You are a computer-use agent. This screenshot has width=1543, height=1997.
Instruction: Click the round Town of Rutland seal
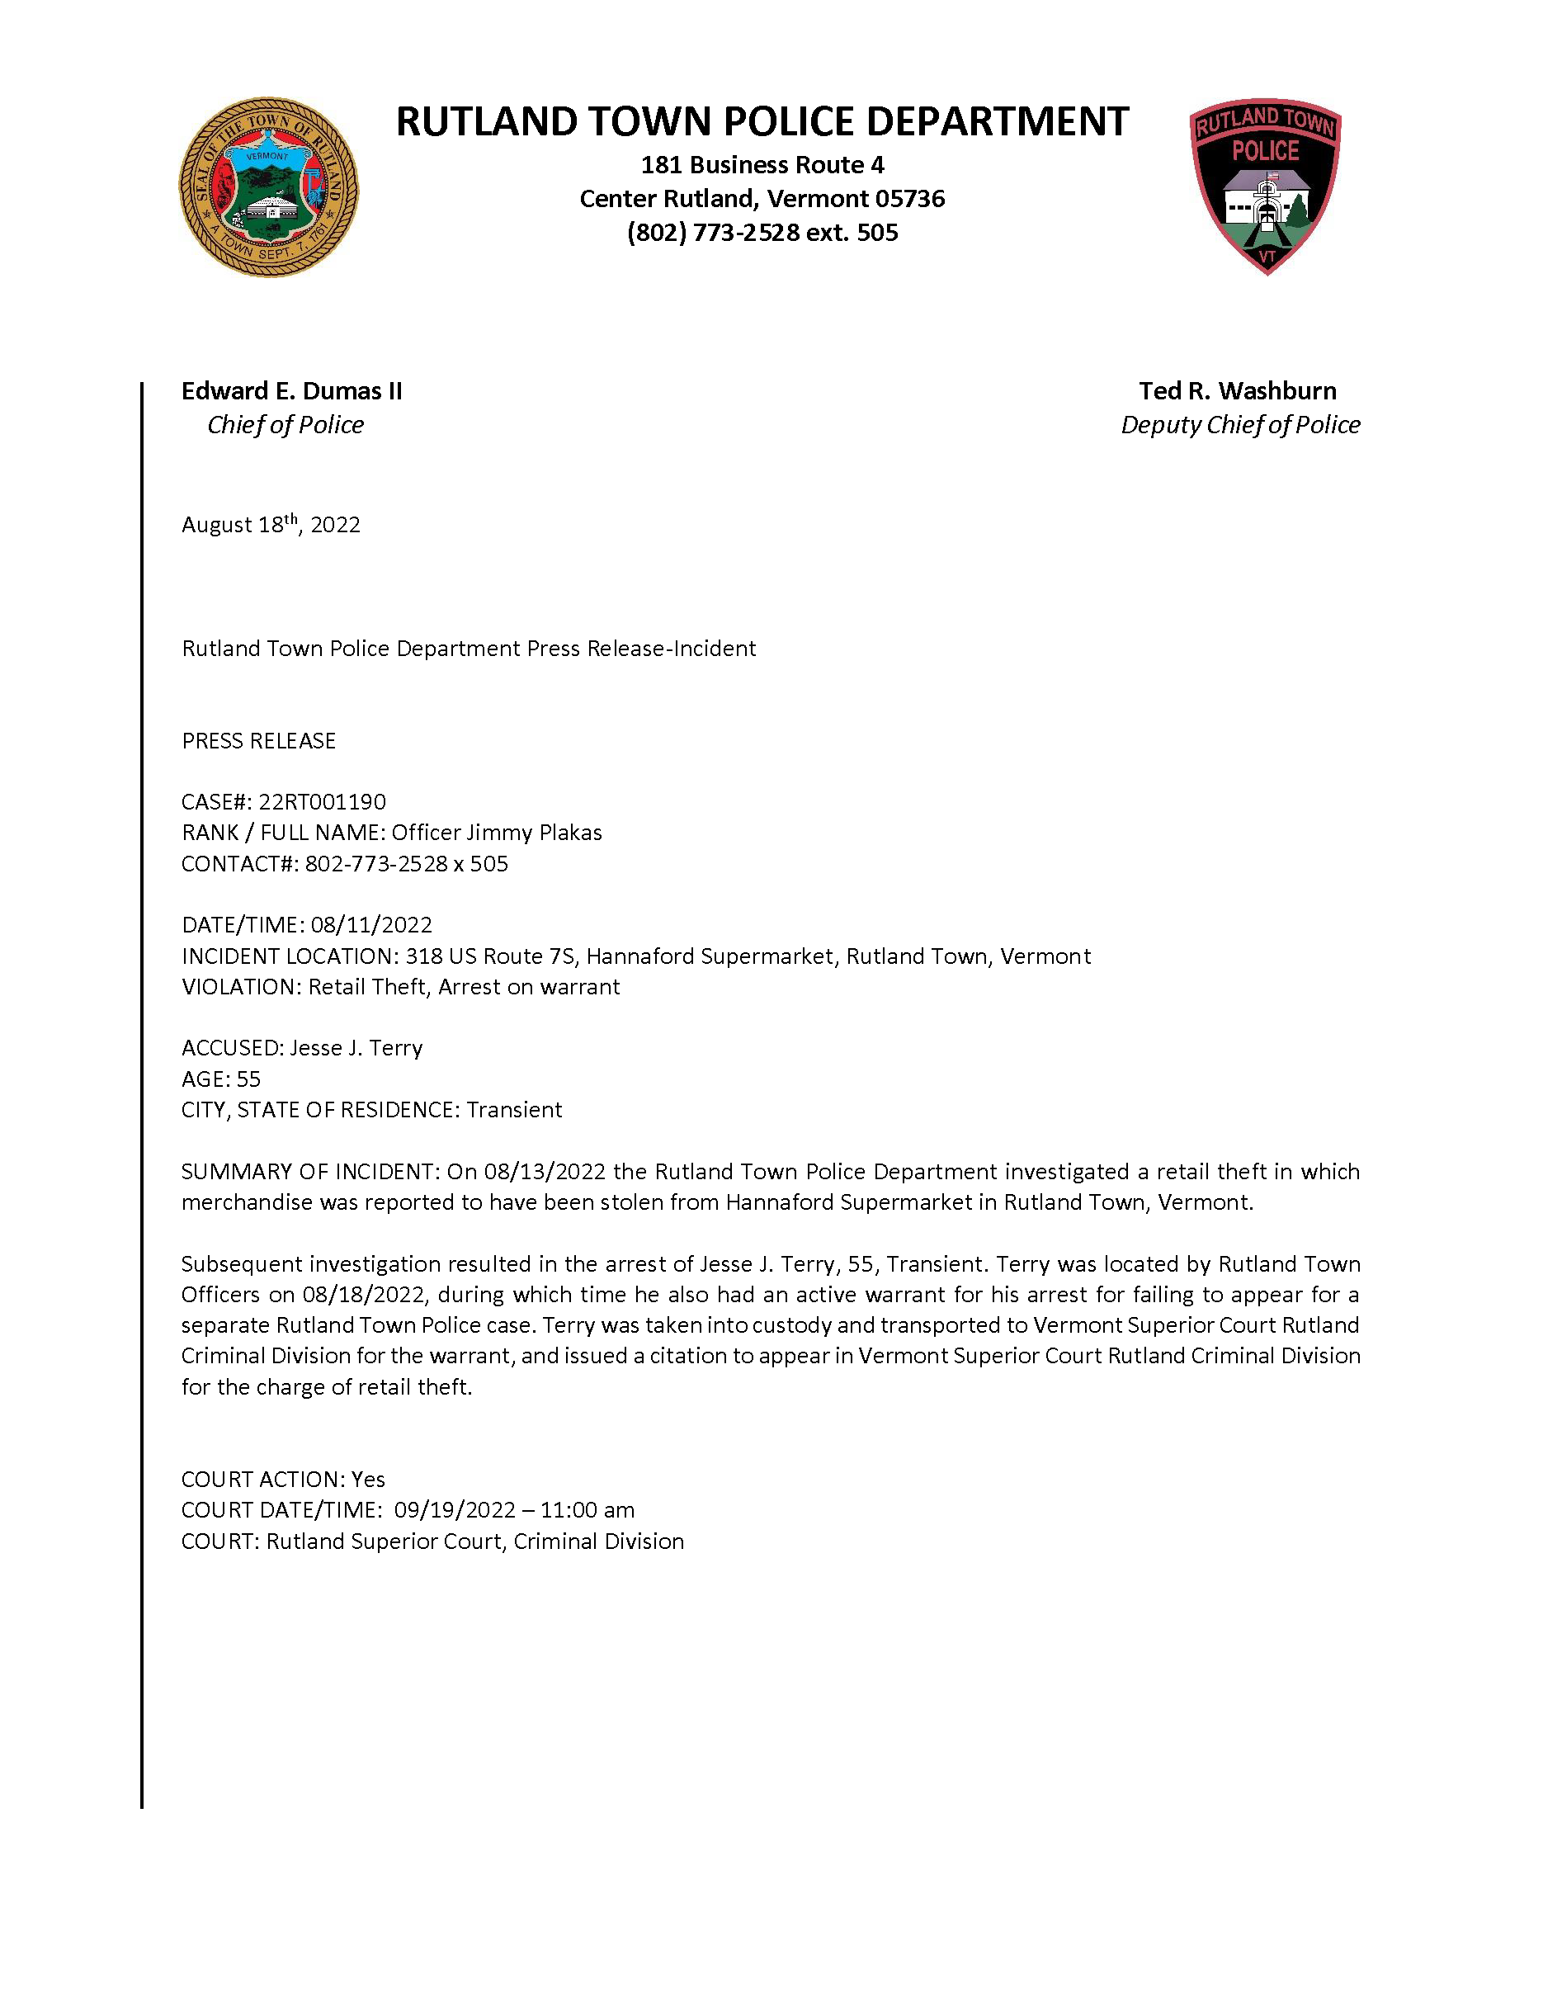click(269, 187)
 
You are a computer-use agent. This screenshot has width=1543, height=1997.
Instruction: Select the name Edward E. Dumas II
click(291, 390)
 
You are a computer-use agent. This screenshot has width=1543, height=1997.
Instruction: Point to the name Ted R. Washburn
click(1237, 390)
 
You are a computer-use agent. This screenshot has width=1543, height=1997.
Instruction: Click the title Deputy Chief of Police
click(1239, 424)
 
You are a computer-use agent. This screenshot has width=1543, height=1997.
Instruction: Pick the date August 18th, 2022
click(271, 524)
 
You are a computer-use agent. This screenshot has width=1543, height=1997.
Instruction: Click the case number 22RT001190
click(322, 801)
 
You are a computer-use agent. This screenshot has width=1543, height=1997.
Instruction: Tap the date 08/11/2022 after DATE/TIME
click(371, 924)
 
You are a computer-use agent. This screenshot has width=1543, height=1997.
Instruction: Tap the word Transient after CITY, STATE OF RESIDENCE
click(514, 1109)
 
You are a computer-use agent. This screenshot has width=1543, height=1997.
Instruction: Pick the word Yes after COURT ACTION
click(368, 1479)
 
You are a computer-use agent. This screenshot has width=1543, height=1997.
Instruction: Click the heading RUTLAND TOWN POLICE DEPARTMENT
click(762, 121)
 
